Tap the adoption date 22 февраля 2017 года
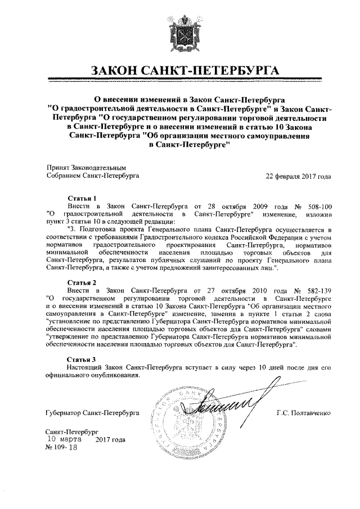point(299,175)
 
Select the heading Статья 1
point(82,199)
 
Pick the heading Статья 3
point(82,358)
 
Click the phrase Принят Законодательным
point(85,168)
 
